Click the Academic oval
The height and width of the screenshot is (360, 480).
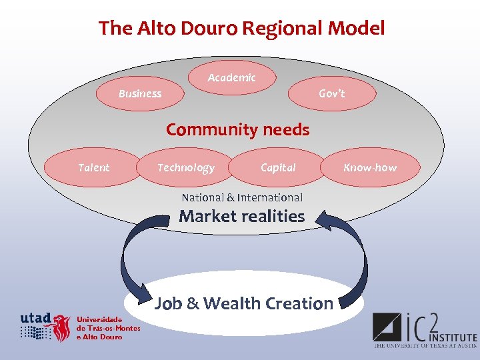click(231, 78)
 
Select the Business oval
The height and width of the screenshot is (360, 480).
click(140, 94)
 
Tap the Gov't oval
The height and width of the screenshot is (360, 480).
click(331, 94)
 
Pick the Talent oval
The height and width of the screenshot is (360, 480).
click(93, 168)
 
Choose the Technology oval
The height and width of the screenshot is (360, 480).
click(185, 168)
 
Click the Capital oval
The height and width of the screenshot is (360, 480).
click(278, 168)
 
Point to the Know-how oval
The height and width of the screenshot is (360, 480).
click(370, 168)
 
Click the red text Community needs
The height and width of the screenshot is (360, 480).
click(238, 129)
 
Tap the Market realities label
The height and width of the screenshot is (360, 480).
click(241, 216)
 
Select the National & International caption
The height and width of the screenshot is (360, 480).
click(242, 197)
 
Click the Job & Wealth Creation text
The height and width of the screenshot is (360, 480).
click(244, 304)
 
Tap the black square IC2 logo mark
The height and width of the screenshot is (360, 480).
click(387, 329)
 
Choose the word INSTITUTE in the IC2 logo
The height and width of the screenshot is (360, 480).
click(453, 339)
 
